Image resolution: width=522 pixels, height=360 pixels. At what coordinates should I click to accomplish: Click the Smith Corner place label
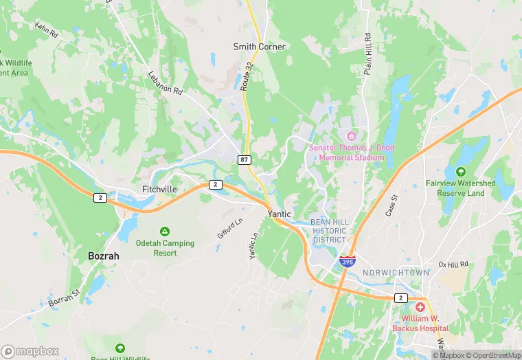[259, 47]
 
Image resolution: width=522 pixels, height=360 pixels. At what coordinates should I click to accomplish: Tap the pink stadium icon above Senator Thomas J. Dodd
[352, 135]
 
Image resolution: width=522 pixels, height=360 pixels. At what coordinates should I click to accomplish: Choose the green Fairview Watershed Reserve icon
[460, 171]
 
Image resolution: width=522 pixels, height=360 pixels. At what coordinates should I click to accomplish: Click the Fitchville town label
[159, 189]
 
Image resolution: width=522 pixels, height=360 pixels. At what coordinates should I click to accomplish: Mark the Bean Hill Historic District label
[330, 231]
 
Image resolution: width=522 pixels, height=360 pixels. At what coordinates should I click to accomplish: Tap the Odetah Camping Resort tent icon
[164, 231]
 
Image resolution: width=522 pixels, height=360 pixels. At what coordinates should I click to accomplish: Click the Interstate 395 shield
[347, 262]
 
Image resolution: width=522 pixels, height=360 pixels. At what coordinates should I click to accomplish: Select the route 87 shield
[244, 159]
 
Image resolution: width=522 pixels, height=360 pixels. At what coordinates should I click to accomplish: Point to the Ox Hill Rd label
[453, 264]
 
